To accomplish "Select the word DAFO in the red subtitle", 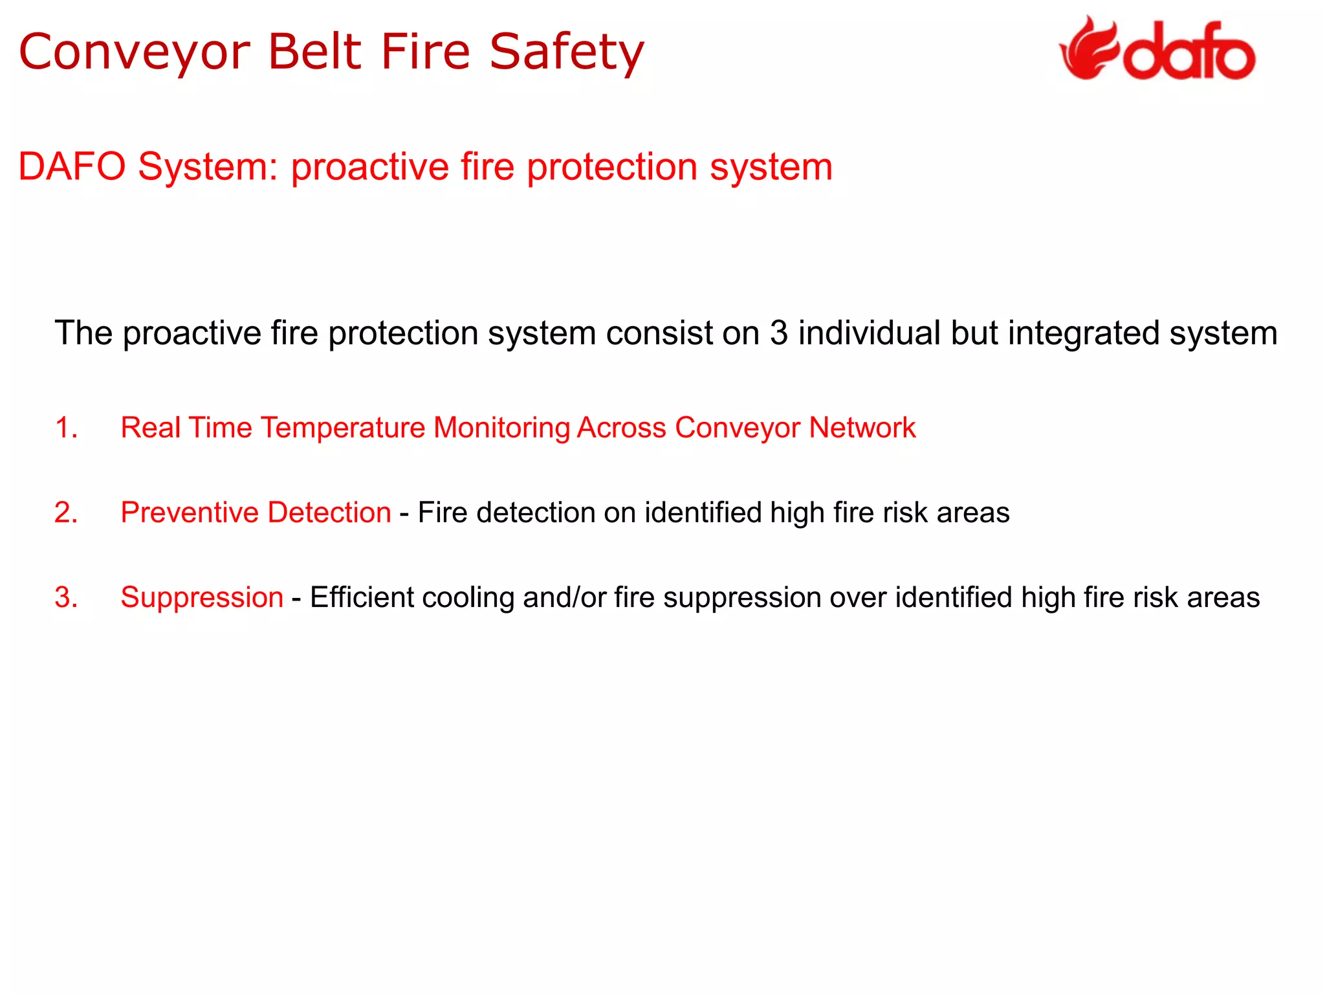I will pyautogui.click(x=72, y=167).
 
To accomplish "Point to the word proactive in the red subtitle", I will pyautogui.click(x=369, y=167).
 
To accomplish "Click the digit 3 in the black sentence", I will pyautogui.click(x=779, y=333).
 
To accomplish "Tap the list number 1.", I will pyautogui.click(x=66, y=428).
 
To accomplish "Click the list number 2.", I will pyautogui.click(x=66, y=513).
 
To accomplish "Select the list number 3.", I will pyautogui.click(x=66, y=597).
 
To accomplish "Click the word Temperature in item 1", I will pyautogui.click(x=343, y=428).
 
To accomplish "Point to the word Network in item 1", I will pyautogui.click(x=862, y=428).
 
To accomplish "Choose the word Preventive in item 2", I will pyautogui.click(x=190, y=513).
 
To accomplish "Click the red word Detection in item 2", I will pyautogui.click(x=329, y=513).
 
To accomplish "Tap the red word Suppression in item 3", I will pyautogui.click(x=202, y=597).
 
